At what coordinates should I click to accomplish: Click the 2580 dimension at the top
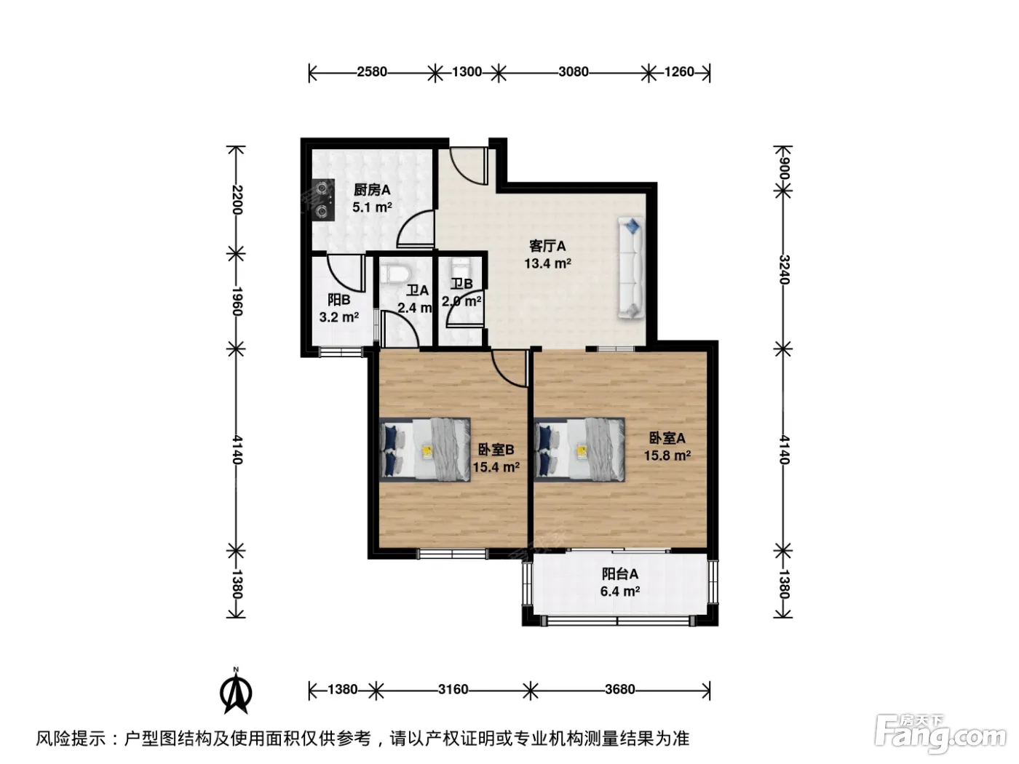click(x=371, y=72)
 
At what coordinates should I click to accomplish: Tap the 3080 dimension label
click(x=574, y=72)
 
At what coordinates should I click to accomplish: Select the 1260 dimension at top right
click(x=679, y=72)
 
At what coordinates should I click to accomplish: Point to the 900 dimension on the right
click(x=784, y=169)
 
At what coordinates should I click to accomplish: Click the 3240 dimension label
click(x=784, y=269)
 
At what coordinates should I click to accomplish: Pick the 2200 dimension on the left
click(x=237, y=199)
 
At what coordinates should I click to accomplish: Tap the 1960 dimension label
click(x=237, y=301)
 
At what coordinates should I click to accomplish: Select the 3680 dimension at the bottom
click(x=619, y=690)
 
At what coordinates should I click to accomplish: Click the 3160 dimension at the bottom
click(x=453, y=690)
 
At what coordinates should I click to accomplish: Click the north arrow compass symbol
click(x=236, y=691)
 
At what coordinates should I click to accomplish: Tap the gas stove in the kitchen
click(x=323, y=200)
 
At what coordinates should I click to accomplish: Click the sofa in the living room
click(x=631, y=268)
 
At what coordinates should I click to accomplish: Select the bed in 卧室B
click(x=425, y=450)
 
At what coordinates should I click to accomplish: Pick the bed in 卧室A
click(x=579, y=450)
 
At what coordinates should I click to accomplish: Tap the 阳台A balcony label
click(x=620, y=574)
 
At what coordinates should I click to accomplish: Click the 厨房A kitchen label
click(x=372, y=190)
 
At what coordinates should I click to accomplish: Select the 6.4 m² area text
click(x=620, y=592)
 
